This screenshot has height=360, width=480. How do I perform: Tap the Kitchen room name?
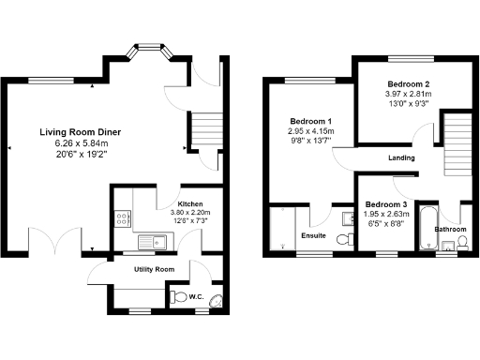(191, 203)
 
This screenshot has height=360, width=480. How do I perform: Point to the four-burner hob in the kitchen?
(122, 219)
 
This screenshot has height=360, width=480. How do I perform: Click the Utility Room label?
(155, 269)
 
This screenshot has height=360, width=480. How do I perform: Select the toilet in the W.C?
(180, 297)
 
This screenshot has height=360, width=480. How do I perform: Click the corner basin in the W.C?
(217, 300)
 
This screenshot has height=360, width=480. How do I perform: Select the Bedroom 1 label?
(309, 122)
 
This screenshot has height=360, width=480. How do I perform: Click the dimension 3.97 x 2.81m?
(404, 95)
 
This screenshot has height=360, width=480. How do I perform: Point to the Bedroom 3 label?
(385, 205)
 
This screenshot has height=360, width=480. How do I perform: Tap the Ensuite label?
(313, 235)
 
